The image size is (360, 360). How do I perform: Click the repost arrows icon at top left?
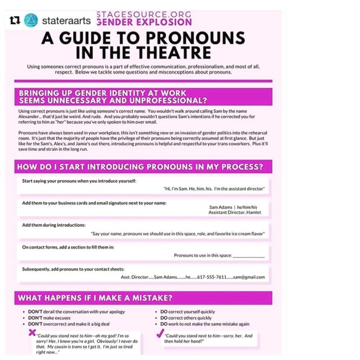point(15,20)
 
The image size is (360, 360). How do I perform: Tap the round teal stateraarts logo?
point(31,20)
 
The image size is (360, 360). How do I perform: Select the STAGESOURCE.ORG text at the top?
point(144,14)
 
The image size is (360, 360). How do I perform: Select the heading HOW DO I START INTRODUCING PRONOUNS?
point(140,167)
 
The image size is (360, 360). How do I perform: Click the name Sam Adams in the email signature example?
point(220,207)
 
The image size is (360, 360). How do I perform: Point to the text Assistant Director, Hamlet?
point(235,213)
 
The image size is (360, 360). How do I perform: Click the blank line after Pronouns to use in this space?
point(249,255)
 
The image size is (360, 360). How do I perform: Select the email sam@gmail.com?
point(249,277)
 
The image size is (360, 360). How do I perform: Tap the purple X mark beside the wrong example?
point(33,332)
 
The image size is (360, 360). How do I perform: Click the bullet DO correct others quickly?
point(186,318)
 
